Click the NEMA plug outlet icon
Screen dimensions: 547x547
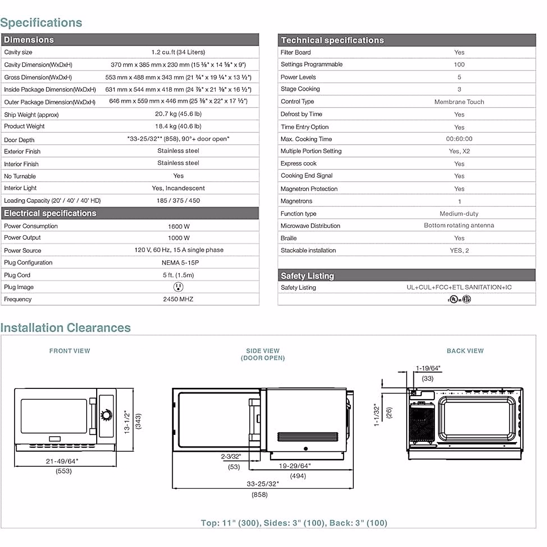[178, 287]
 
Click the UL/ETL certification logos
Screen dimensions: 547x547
[459, 299]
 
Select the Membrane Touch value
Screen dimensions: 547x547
[459, 102]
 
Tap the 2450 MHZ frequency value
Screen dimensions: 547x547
[178, 299]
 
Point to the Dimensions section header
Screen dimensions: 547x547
[29, 40]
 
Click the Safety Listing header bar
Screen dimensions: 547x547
[307, 275]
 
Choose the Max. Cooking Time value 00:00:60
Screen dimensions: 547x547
[459, 139]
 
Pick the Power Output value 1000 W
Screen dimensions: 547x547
[178, 238]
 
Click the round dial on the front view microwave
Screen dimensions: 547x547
[107, 415]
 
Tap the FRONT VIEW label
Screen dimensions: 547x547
[70, 351]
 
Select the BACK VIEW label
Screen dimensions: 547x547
[465, 351]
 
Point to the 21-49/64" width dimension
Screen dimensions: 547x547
[62, 461]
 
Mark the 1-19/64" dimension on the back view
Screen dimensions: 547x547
[428, 368]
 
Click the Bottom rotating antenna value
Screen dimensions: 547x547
[459, 226]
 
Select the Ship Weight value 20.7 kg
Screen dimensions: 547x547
[178, 114]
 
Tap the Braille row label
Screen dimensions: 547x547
[289, 238]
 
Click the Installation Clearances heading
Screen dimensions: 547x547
[66, 328]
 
